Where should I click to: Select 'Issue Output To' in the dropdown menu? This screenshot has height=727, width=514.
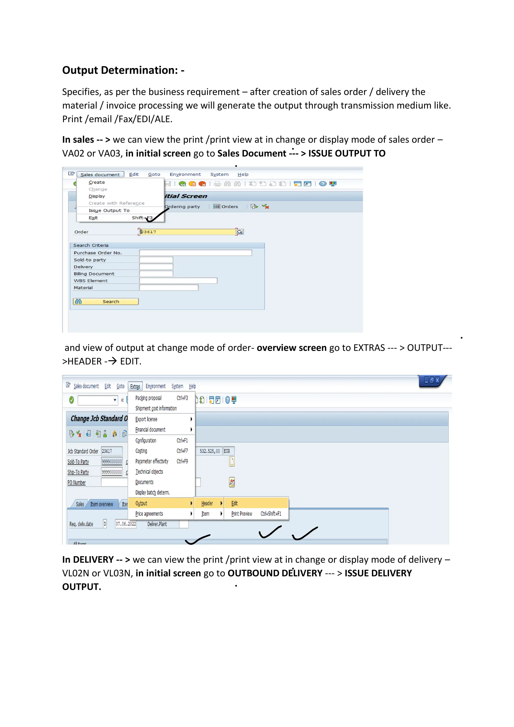pos(109,211)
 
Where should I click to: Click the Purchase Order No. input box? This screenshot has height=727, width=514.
pos(195,253)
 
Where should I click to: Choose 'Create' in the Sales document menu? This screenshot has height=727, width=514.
pos(97,183)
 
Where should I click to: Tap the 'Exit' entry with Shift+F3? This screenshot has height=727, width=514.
pos(93,218)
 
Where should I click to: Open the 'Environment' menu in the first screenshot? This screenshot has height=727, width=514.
pos(185,174)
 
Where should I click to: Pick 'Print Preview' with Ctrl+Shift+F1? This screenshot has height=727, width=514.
pos(242,514)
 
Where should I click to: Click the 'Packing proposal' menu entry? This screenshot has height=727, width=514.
pos(148,398)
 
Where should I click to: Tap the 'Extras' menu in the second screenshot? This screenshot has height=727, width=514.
pos(135,387)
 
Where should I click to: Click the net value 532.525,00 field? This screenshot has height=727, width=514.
pos(209,451)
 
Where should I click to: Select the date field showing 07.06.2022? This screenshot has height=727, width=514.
pos(126,524)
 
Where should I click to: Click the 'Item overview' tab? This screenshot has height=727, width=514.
pos(102,504)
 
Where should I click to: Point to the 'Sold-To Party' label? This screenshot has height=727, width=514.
pos(78,462)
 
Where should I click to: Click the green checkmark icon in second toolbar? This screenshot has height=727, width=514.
pos(72,400)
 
